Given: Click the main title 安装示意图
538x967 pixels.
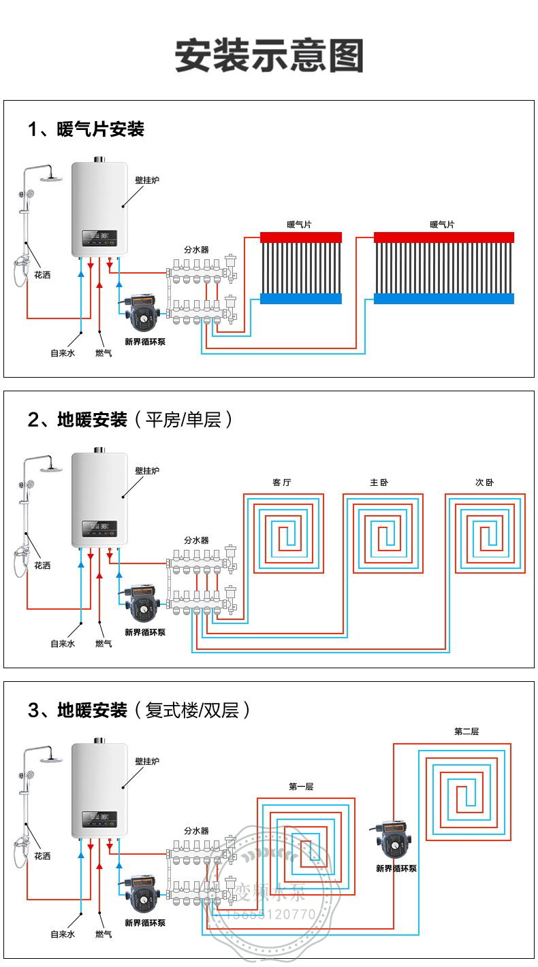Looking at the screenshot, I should coord(269,56).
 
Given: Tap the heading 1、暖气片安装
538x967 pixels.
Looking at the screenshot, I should coord(86,129).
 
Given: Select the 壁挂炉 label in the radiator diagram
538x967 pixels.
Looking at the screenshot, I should coord(147,180).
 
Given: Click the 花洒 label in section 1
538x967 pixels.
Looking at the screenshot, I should coord(42,275).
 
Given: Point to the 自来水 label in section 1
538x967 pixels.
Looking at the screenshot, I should coord(62,353).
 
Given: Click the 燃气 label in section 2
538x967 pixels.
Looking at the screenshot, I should coord(104,643).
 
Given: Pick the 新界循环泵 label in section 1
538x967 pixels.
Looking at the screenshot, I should coord(145,342).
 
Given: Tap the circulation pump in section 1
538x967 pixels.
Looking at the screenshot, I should coord(142,312).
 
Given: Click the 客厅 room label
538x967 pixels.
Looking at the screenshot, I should coord(282,482).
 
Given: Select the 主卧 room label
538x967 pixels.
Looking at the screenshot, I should coord(379,482).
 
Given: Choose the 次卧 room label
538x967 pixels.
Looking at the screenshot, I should coord(485,482).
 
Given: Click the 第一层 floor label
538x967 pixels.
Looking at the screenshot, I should coord(301,787).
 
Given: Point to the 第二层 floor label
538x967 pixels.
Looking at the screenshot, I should coord(466,732).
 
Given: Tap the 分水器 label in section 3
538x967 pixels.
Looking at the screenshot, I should coord(196,831).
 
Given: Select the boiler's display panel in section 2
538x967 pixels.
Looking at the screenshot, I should coord(99,527).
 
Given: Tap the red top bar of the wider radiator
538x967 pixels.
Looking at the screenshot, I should coord(444,237).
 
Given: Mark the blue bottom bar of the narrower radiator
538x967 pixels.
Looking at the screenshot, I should coord(301,298).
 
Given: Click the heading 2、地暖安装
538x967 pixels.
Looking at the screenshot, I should coord(78,419).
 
